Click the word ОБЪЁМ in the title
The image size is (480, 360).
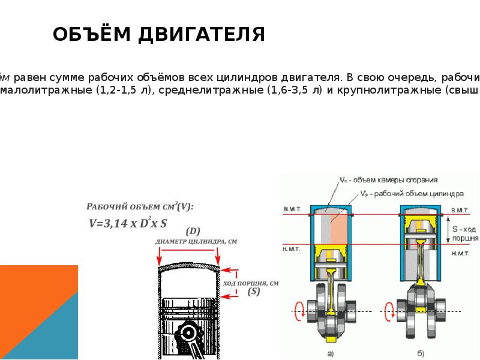90,34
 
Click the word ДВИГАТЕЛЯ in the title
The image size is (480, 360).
202,34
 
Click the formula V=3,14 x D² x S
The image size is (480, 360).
128,223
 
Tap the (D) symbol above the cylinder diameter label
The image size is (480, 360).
193,230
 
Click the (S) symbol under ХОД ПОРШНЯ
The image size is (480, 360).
254,292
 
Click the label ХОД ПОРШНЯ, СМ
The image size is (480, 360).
251,283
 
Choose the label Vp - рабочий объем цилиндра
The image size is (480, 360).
412,194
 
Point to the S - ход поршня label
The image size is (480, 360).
465,233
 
